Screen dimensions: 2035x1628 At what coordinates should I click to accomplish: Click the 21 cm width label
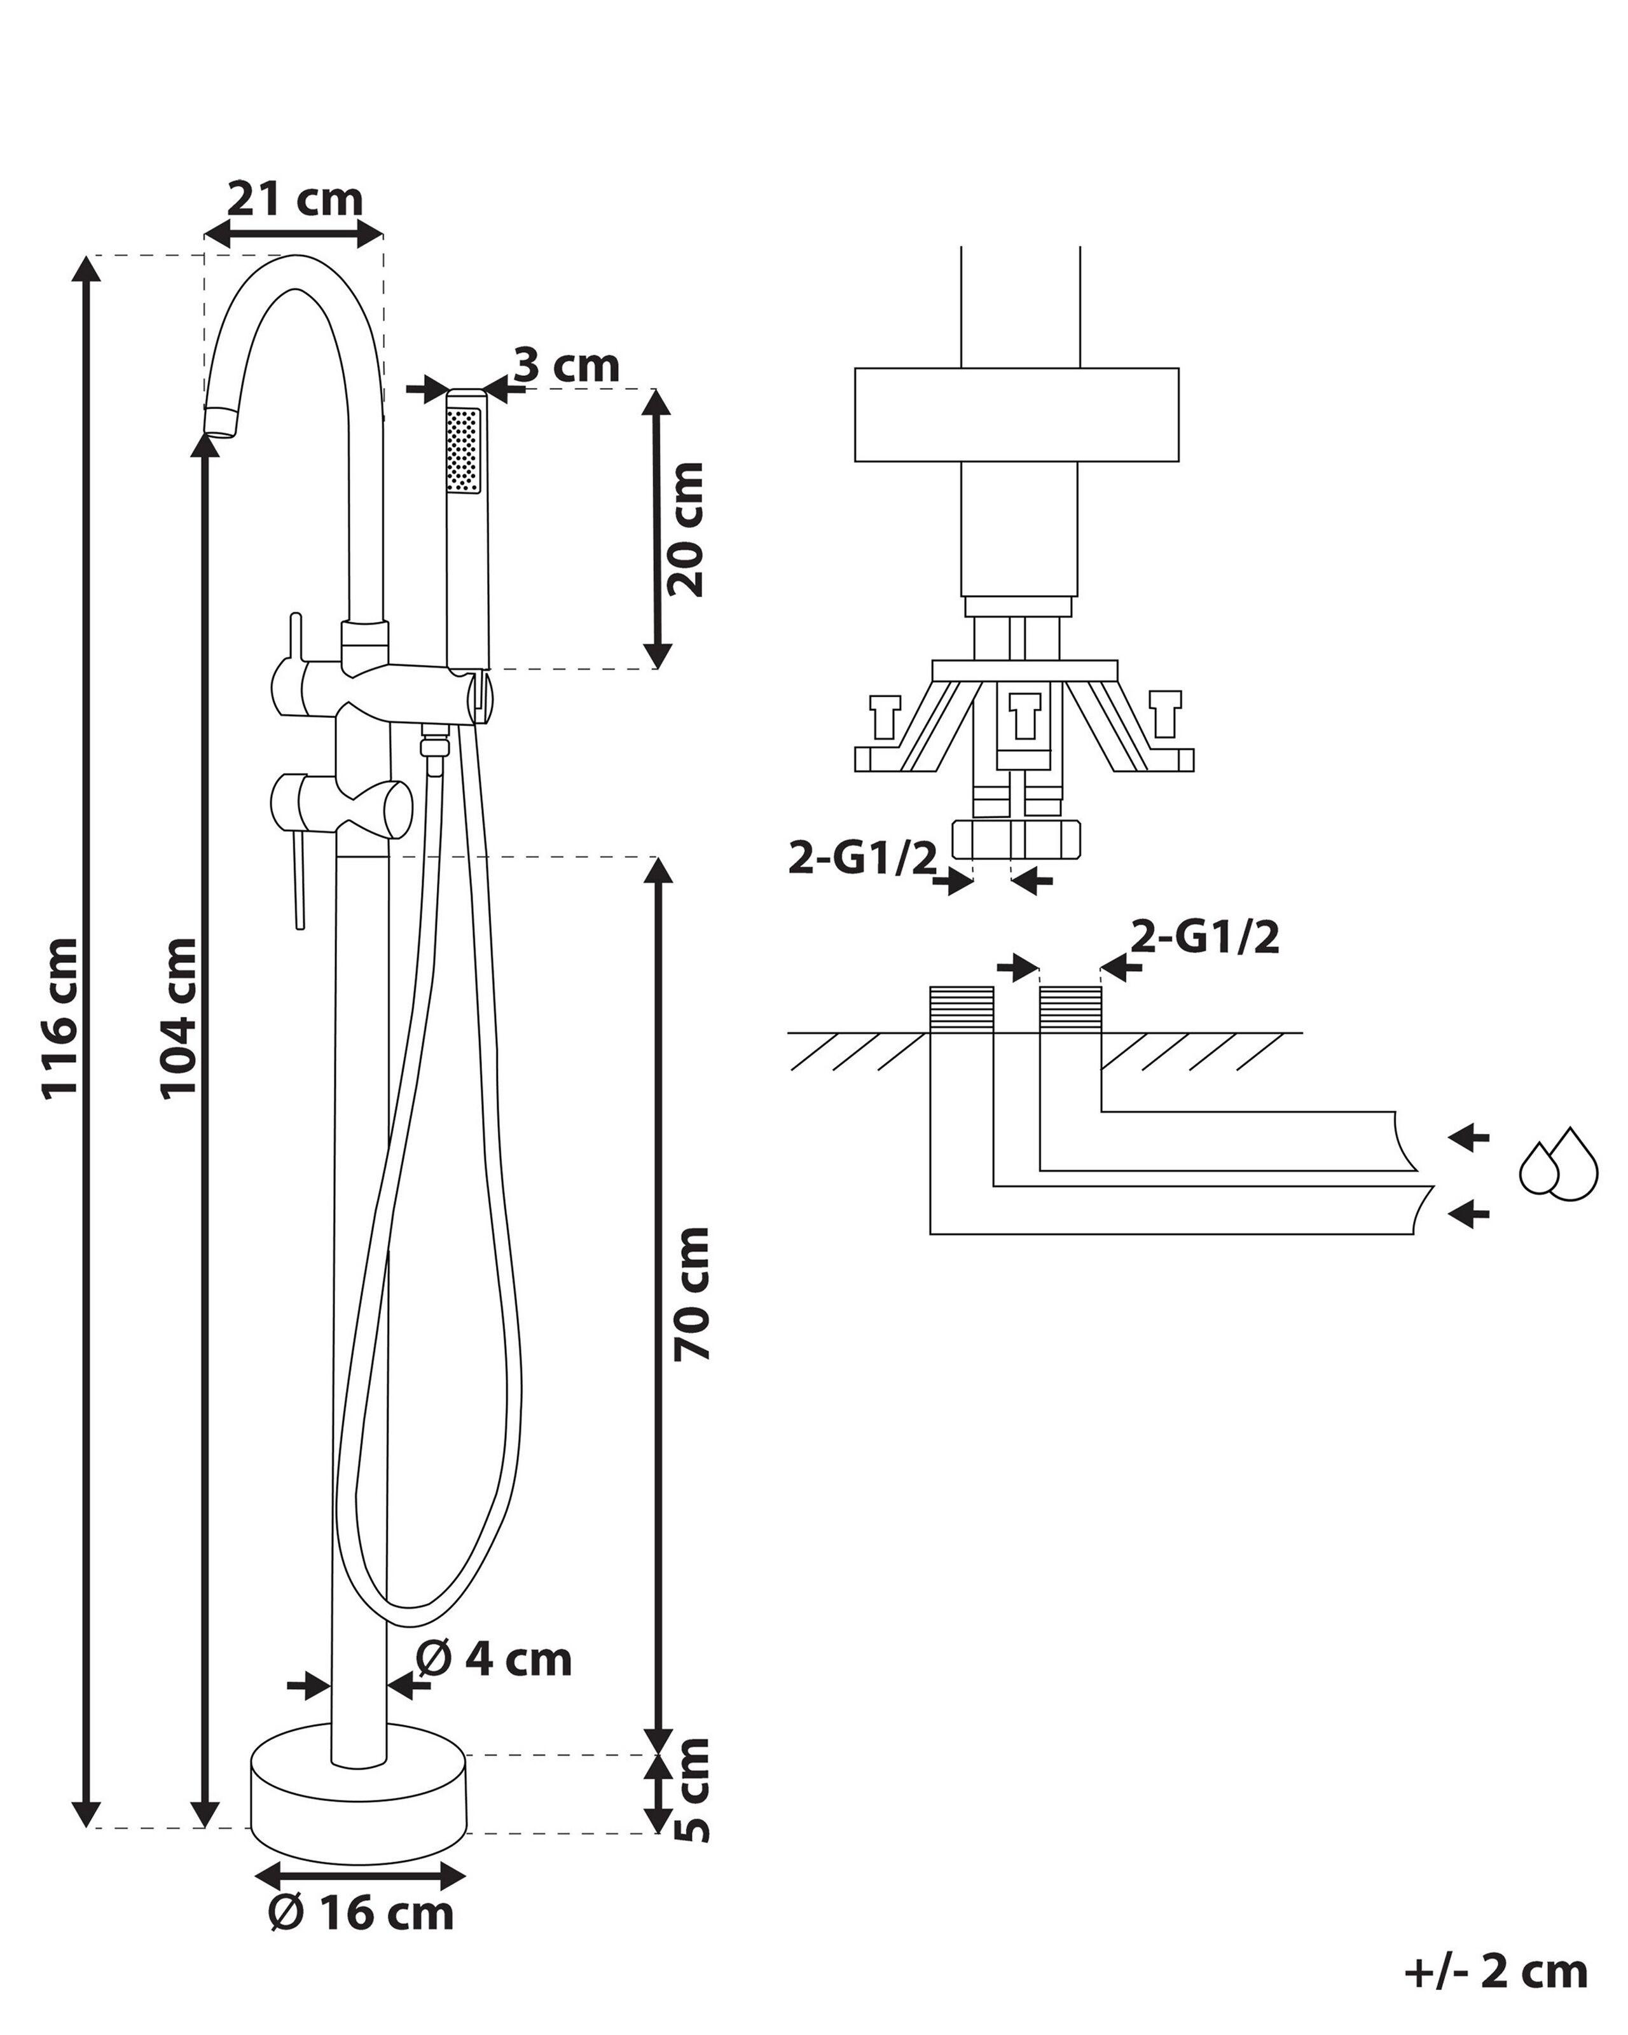pyautogui.click(x=294, y=200)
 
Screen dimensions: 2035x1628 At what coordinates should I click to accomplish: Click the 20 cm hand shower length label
pyautogui.click(x=686, y=528)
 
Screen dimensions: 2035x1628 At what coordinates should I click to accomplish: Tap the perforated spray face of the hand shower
pyautogui.click(x=462, y=449)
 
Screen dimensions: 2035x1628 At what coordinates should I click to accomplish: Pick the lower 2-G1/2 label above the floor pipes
pyautogui.click(x=1205, y=937)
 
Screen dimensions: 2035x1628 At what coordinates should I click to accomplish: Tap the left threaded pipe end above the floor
pyautogui.click(x=962, y=1010)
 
